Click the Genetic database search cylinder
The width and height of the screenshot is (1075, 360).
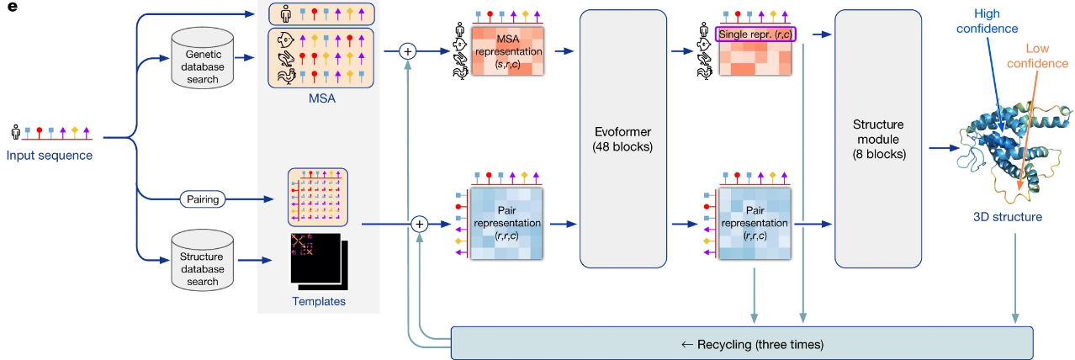[202, 59]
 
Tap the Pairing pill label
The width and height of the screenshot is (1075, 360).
[203, 199]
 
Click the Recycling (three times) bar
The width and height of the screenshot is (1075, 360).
[742, 343]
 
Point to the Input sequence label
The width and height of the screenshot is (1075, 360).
[50, 155]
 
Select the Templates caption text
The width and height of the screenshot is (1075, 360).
[318, 300]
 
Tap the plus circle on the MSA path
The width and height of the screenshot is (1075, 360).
[408, 51]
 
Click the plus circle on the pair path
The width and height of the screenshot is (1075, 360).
[420, 225]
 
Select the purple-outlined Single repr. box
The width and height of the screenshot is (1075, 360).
[755, 34]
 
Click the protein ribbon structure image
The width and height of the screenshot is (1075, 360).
[1009, 143]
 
